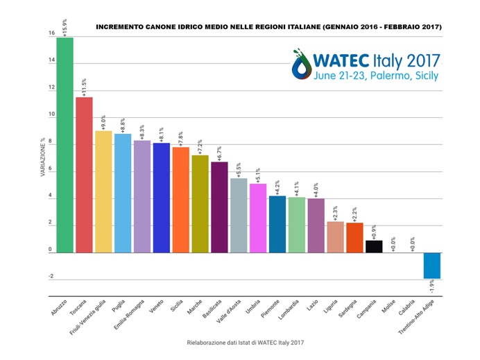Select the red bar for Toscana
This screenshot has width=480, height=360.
(84, 174)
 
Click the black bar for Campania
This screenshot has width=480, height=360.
(375, 246)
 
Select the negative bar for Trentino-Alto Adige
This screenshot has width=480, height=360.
(432, 265)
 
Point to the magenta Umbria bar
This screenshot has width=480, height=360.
(258, 218)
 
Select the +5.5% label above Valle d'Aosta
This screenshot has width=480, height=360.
(239, 169)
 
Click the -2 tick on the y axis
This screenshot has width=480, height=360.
(51, 277)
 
